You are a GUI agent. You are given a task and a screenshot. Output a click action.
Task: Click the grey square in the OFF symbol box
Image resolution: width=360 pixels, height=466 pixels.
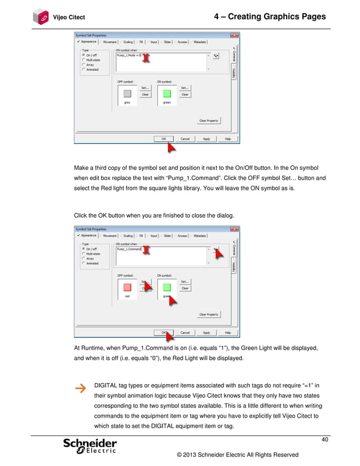127,94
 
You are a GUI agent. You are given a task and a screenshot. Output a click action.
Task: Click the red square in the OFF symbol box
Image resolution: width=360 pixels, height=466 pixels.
127,288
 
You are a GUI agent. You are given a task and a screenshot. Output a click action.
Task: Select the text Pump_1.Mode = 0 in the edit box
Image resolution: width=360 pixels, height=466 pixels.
129,56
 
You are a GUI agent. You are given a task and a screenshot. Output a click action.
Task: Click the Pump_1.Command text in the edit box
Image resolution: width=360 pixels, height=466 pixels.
129,249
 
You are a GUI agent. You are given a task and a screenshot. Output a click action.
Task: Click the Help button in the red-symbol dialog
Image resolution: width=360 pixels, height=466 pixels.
228,332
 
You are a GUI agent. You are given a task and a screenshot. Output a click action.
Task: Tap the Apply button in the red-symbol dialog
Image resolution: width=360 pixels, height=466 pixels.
207,332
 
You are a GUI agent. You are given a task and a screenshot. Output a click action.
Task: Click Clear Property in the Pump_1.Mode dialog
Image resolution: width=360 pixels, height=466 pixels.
208,121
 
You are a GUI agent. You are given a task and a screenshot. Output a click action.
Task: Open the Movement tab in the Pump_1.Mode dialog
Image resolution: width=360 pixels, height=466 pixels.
109,41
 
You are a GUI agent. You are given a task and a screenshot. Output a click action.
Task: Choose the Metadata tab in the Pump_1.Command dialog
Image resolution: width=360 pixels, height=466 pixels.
199,235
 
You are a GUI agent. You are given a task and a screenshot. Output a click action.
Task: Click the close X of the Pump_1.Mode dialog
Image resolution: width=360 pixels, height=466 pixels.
235,35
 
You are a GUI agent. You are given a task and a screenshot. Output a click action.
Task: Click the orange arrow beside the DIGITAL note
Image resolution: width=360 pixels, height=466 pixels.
81,388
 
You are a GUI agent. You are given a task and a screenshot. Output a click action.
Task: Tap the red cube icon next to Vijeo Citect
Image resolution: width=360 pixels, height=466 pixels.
41,16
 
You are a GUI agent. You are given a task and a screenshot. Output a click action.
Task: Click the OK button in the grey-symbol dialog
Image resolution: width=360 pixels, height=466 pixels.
164,139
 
